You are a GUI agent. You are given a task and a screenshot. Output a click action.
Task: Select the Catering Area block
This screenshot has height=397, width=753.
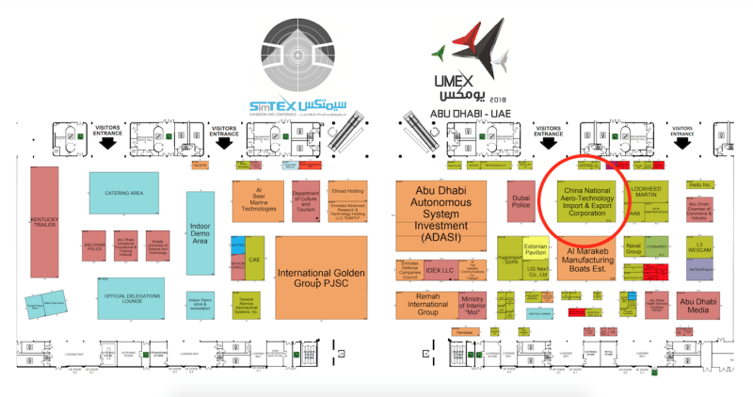pyautogui.click(x=124, y=192)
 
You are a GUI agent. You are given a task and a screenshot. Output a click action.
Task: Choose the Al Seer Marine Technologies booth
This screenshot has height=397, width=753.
pyautogui.click(x=259, y=201)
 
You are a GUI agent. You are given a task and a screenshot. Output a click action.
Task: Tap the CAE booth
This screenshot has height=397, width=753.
pyautogui.click(x=254, y=259)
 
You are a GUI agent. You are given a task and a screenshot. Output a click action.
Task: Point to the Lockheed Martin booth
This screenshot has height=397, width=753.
pyautogui.click(x=649, y=194)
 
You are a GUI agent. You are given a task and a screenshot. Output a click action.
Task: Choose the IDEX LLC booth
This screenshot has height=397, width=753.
pyautogui.click(x=440, y=270)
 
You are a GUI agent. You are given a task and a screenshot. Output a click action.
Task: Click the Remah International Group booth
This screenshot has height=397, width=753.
pyautogui.click(x=423, y=304)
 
